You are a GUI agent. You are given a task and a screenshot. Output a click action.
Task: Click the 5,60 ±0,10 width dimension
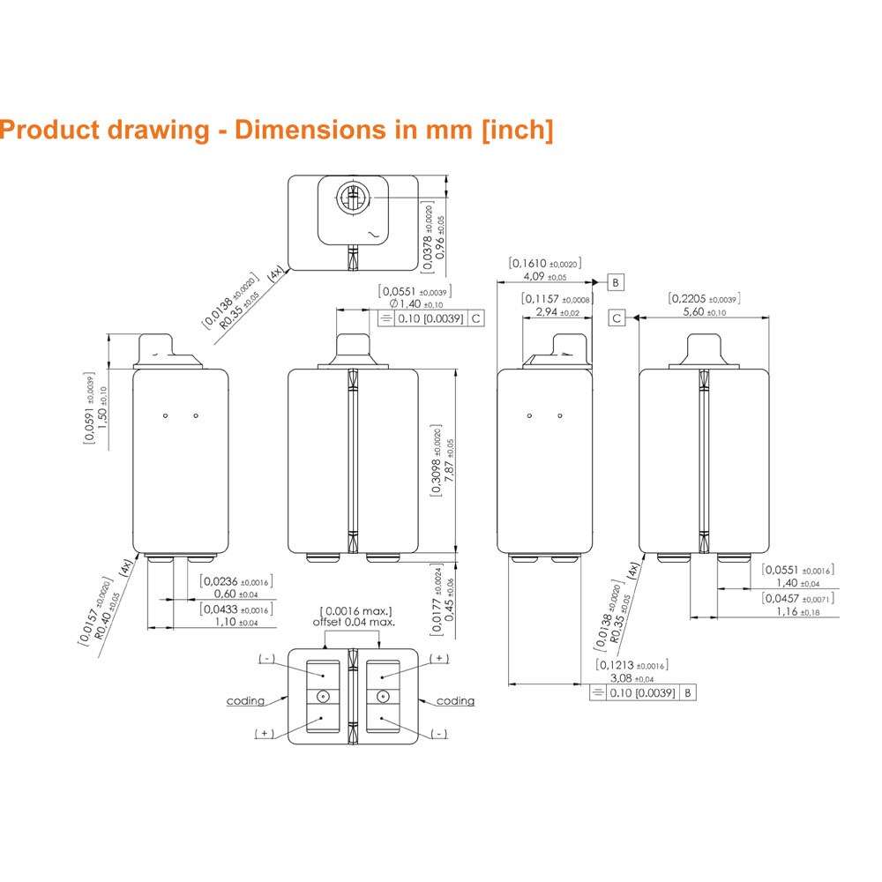[704, 312]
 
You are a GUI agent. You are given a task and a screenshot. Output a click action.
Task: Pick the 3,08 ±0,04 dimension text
[632, 678]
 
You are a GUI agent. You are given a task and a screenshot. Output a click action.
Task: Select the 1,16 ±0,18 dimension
[796, 611]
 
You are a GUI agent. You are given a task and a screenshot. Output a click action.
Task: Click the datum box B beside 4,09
[617, 283]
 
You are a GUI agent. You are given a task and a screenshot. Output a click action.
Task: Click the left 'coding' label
[245, 701]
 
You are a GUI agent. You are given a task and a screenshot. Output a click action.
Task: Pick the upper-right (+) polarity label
[439, 659]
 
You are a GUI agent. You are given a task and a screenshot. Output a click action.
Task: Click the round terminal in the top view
[353, 200]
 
